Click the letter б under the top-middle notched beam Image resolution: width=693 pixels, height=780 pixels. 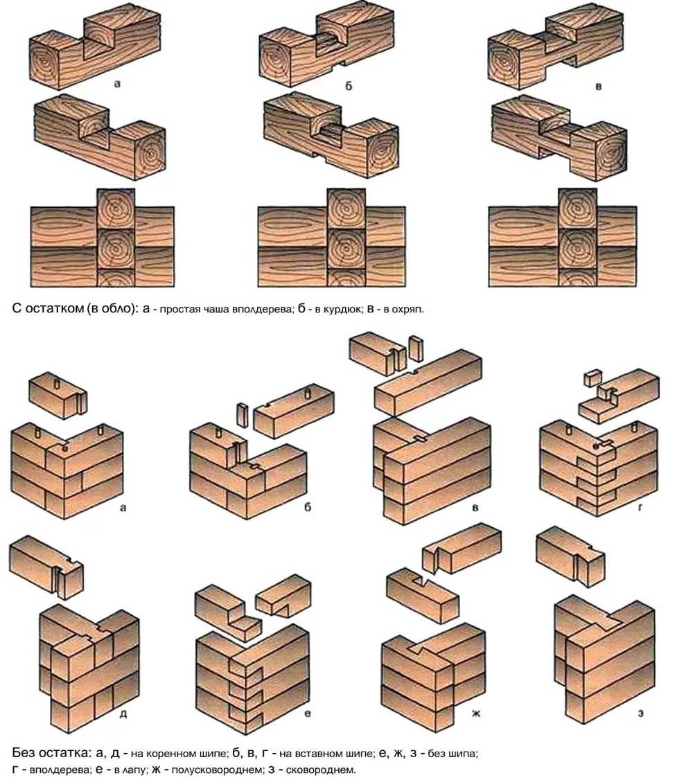tap(349, 86)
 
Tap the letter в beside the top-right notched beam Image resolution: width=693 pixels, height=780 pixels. tap(599, 87)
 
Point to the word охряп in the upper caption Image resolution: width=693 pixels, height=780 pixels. tap(407, 310)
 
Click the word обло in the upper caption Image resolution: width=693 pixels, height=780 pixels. tap(119, 308)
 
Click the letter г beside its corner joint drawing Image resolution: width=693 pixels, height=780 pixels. tap(640, 507)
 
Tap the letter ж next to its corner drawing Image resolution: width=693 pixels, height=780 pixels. tap(476, 713)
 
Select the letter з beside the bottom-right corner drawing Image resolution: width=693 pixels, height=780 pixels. tap(641, 713)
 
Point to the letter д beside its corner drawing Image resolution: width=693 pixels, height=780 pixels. tap(123, 713)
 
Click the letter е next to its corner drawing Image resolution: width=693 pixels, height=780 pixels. tap(308, 713)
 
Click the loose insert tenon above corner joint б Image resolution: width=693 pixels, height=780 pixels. tap(243, 415)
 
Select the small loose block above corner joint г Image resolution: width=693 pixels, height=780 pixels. tap(593, 378)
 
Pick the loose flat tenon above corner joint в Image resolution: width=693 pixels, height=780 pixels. tap(415, 348)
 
